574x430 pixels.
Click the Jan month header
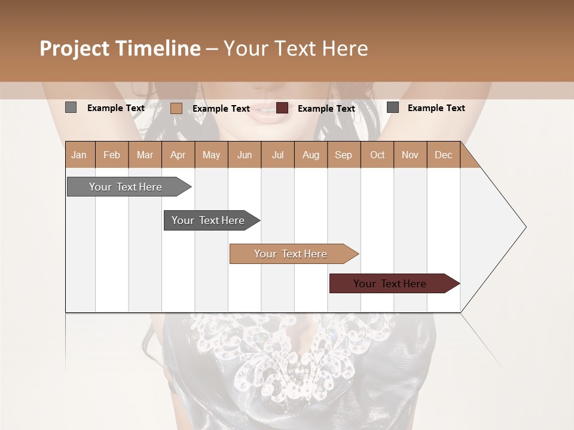click(x=79, y=155)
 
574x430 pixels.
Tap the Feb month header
click(x=112, y=155)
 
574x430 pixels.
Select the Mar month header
click(x=145, y=155)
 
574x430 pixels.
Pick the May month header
click(x=211, y=155)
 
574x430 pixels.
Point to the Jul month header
click(x=277, y=155)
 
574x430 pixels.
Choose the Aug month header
click(x=310, y=155)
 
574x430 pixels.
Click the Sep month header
click(x=343, y=155)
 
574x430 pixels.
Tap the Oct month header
click(x=377, y=155)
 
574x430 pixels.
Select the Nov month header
click(x=410, y=155)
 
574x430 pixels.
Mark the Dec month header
click(x=443, y=155)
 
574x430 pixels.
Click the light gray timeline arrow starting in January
click(x=126, y=187)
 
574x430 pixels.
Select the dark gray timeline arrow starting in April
click(x=208, y=220)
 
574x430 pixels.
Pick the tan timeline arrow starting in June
click(x=291, y=254)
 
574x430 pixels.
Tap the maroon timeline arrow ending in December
click(x=390, y=284)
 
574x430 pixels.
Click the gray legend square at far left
click(x=71, y=107)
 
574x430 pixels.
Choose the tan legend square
click(x=176, y=108)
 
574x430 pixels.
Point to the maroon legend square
click(x=282, y=108)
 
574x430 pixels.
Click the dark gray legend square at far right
click(x=393, y=107)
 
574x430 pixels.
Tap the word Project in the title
click(x=74, y=49)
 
